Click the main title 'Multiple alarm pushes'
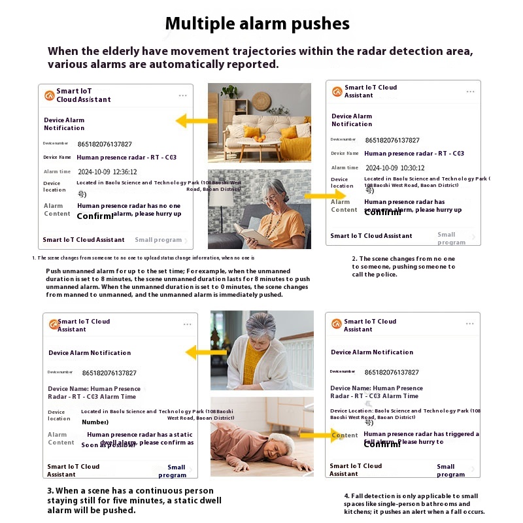click(x=257, y=24)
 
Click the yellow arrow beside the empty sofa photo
click(x=196, y=120)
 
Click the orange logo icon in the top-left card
click(x=49, y=95)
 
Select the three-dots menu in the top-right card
click(x=470, y=92)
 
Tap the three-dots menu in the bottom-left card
click(x=188, y=324)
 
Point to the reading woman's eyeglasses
click(x=273, y=197)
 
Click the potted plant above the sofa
click(x=229, y=92)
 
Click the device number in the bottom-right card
click(x=392, y=372)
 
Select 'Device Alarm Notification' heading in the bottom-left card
click(x=90, y=353)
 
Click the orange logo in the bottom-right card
click(x=337, y=324)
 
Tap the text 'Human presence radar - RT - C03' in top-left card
click(x=126, y=158)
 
